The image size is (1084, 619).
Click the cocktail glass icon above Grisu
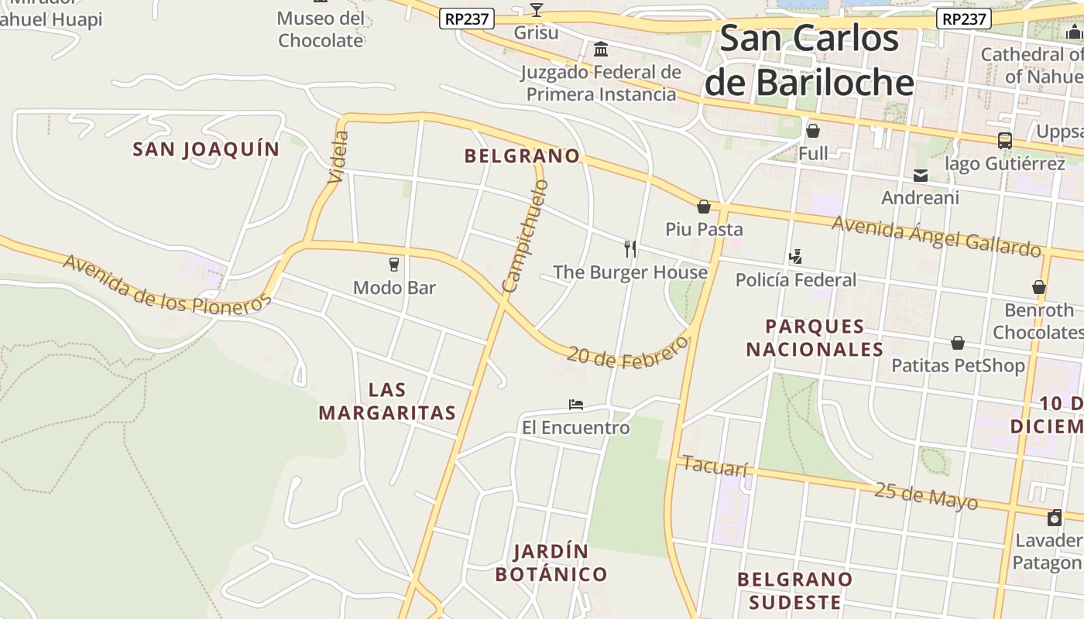click(536, 10)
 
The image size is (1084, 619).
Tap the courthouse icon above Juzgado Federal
click(600, 50)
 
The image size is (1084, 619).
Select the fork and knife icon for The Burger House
click(630, 248)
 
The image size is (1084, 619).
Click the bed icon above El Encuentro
click(575, 405)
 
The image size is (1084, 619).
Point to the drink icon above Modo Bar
click(394, 265)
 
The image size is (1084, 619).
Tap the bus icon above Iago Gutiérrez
click(1004, 141)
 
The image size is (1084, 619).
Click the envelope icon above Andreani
click(920, 176)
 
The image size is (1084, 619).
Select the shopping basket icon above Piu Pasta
click(704, 207)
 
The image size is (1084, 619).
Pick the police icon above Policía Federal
click(795, 257)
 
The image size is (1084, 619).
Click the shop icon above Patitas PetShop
click(957, 343)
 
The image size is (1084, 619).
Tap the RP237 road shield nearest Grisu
click(466, 19)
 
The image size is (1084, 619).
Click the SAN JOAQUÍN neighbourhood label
click(206, 149)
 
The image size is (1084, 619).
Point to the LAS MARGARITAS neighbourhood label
click(387, 401)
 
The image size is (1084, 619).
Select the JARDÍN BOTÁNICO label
click(551, 563)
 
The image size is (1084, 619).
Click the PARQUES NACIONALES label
click(815, 337)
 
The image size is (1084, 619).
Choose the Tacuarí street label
click(716, 467)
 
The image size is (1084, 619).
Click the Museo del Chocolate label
click(321, 29)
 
